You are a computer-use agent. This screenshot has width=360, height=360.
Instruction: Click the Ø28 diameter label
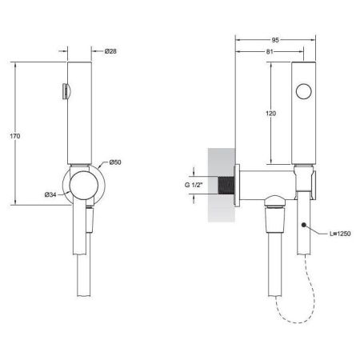[x=112, y=51]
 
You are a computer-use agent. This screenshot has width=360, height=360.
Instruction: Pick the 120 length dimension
[x=271, y=114]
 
